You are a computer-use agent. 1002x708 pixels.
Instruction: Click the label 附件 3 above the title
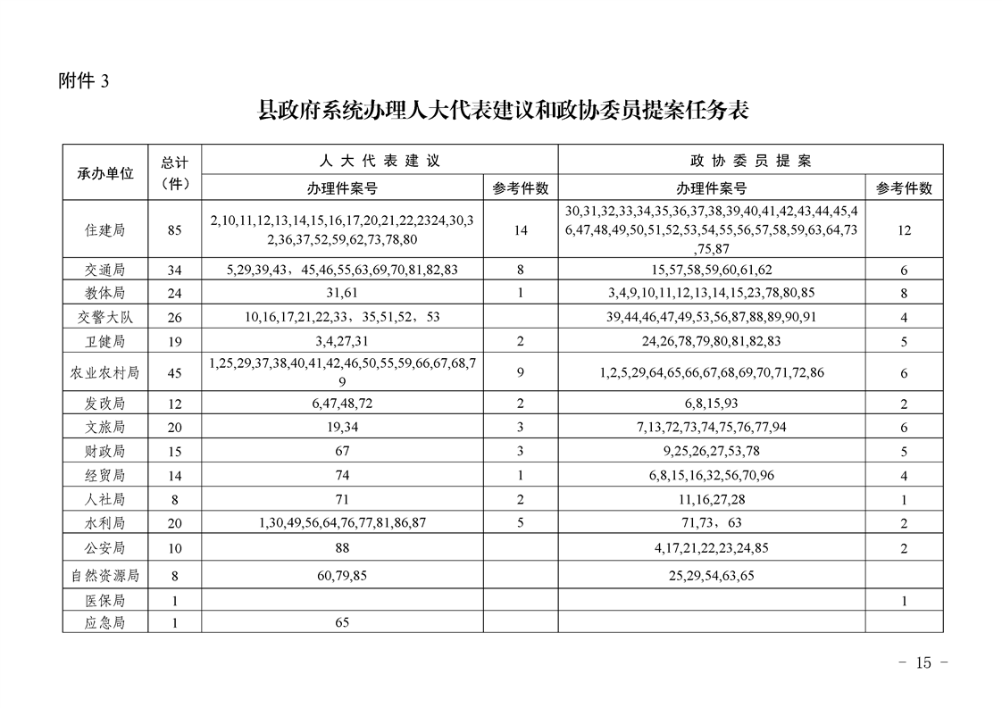83,82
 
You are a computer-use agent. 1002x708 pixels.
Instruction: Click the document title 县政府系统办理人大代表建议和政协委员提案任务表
502,111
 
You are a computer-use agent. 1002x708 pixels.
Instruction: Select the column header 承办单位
105,173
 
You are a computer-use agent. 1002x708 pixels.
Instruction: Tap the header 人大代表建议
380,161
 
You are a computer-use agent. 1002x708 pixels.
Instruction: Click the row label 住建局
105,230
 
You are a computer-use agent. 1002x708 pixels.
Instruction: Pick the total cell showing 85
174,230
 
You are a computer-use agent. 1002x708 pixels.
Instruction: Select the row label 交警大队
105,317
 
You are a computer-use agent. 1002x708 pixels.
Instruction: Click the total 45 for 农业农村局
174,373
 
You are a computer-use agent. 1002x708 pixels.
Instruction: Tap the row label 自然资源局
105,576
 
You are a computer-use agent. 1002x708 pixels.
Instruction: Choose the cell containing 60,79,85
342,576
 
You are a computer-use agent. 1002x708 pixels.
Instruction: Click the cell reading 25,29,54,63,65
711,576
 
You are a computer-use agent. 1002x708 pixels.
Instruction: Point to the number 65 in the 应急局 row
342,623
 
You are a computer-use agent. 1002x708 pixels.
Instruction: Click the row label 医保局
105,601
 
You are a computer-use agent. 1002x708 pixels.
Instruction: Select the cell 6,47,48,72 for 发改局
342,404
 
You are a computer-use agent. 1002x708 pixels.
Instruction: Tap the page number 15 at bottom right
923,662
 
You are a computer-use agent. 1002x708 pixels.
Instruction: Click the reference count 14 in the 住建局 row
521,230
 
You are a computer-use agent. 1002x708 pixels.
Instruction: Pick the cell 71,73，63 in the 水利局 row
711,523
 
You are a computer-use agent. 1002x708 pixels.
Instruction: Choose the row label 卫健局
105,341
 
